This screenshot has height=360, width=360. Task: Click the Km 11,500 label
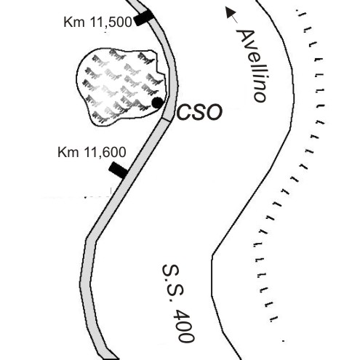tap(97, 22)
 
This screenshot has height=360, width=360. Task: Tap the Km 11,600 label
tap(92, 153)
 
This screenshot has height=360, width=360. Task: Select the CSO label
tap(199, 112)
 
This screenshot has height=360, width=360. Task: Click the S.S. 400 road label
tap(178, 303)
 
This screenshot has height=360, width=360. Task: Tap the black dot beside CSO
tap(158, 103)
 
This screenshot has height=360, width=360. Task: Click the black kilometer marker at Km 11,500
tap(143, 17)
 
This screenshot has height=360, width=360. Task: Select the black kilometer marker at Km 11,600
tap(118, 170)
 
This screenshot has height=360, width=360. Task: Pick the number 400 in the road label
tap(185, 325)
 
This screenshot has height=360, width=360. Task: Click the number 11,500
tap(111, 23)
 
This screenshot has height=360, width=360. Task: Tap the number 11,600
tap(105, 153)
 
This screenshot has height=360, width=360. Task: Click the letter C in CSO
tap(184, 112)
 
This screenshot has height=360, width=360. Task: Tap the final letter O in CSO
tap(215, 112)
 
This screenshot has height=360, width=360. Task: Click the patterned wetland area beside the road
tap(121, 86)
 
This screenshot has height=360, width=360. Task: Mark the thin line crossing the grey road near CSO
tap(167, 119)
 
